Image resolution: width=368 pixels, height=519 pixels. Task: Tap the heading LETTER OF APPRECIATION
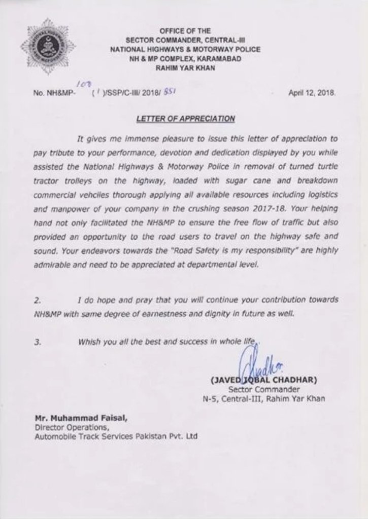click(x=186, y=119)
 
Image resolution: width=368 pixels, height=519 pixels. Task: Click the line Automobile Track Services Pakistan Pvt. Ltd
click(x=116, y=435)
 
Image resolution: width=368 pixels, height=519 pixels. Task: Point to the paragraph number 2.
click(x=37, y=300)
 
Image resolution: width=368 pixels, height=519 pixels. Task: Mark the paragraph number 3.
click(x=37, y=342)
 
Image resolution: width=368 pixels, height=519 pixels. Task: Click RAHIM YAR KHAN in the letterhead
click(x=185, y=67)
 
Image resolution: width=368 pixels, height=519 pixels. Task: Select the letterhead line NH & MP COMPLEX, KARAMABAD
click(x=185, y=58)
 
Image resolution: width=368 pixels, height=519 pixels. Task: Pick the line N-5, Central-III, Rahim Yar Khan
click(x=263, y=399)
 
